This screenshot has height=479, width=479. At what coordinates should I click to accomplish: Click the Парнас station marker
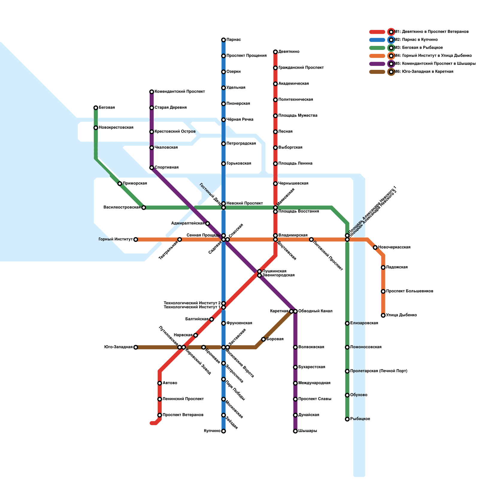click(223, 40)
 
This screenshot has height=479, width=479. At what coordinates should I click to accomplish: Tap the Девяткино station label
click(289, 52)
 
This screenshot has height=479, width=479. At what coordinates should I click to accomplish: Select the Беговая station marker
click(96, 108)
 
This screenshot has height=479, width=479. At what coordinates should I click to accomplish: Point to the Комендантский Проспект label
click(180, 92)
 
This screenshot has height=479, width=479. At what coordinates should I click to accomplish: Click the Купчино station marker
click(223, 431)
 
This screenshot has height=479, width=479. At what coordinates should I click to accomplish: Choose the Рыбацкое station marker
click(347, 419)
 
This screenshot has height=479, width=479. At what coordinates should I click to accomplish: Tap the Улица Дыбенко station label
click(401, 315)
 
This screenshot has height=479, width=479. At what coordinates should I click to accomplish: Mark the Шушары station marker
click(295, 431)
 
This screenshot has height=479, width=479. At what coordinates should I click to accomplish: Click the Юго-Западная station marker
click(136, 347)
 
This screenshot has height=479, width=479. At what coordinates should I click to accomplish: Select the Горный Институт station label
click(116, 239)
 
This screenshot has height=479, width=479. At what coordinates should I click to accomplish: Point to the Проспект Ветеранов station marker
click(160, 415)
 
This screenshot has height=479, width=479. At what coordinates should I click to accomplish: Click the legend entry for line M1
click(431, 32)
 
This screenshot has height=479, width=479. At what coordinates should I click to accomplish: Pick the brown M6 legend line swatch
click(377, 72)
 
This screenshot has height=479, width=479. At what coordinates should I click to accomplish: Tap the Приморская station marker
click(120, 184)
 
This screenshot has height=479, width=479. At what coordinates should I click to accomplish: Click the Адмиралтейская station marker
click(207, 223)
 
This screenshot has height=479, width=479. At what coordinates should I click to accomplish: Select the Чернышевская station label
click(293, 184)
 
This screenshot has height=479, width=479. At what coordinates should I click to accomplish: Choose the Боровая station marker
click(263, 339)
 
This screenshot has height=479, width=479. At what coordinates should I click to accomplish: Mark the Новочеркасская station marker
click(375, 247)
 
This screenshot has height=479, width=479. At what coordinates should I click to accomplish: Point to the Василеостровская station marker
click(144, 207)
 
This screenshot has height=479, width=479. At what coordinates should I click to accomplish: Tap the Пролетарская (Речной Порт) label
click(378, 371)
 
